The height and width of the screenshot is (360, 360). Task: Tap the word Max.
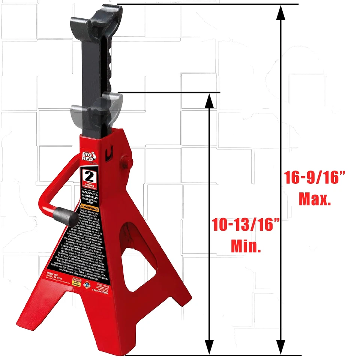(315, 199)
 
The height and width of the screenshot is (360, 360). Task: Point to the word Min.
(246, 247)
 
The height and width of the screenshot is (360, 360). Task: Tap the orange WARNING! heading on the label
(90, 208)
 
